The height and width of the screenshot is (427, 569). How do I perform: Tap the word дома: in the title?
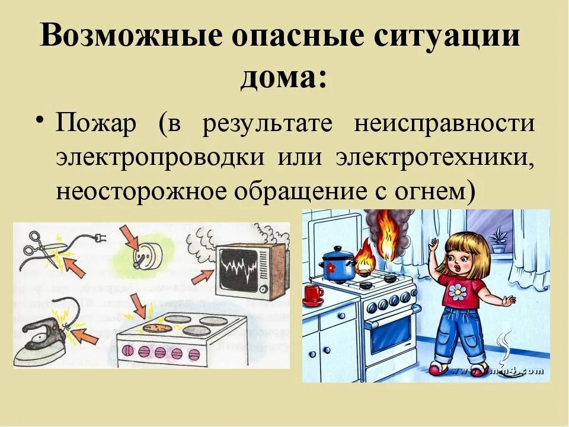click(x=284, y=78)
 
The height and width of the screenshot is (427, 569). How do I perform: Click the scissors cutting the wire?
click(x=39, y=249)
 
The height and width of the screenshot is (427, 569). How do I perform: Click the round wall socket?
click(x=141, y=259)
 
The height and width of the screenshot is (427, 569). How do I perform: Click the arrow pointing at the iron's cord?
click(x=86, y=337)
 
